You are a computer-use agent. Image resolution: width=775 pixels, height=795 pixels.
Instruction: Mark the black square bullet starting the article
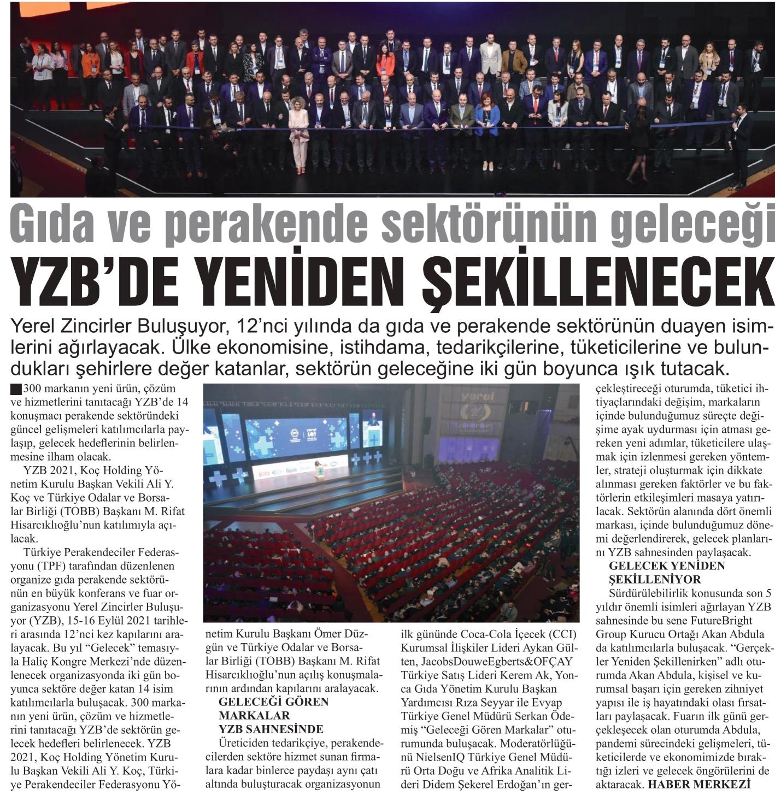point(16,390)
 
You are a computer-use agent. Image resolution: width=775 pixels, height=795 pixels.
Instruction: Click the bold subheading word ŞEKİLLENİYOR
point(647,579)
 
